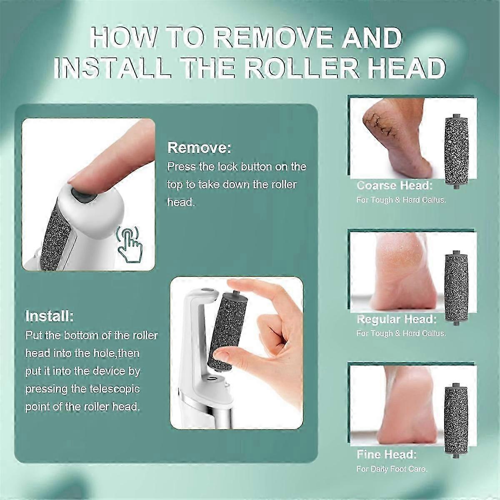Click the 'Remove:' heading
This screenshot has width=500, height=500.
199,147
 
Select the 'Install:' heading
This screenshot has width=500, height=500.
50,316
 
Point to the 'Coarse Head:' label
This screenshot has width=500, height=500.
395,185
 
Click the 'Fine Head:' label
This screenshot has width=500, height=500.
386,454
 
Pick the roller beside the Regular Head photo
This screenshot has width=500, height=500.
457,285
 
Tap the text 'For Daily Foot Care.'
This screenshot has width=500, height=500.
392,469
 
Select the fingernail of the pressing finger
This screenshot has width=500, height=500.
76,181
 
